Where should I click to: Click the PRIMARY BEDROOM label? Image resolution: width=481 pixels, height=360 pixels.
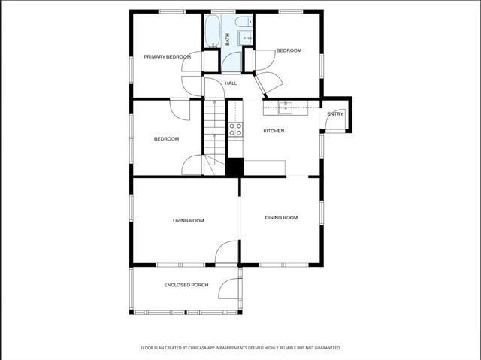click(x=167, y=57)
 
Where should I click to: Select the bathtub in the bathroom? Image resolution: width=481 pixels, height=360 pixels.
click(x=212, y=31)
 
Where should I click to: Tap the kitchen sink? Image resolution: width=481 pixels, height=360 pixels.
click(x=286, y=107)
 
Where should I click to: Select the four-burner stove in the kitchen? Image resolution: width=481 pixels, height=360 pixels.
click(x=235, y=129)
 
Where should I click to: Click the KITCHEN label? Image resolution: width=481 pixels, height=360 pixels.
click(x=273, y=131)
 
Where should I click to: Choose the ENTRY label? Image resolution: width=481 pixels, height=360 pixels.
click(x=335, y=114)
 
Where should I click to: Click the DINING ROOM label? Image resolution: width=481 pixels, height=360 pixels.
click(x=281, y=218)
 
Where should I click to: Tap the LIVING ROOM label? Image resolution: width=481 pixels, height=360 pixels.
click(x=189, y=220)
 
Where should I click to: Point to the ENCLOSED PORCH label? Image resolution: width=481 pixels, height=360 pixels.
click(x=186, y=285)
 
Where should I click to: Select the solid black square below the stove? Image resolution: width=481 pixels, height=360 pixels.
click(x=235, y=168)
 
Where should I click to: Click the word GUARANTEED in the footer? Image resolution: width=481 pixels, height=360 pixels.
click(x=324, y=348)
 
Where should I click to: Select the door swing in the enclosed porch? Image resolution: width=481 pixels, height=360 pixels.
click(x=229, y=287)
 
